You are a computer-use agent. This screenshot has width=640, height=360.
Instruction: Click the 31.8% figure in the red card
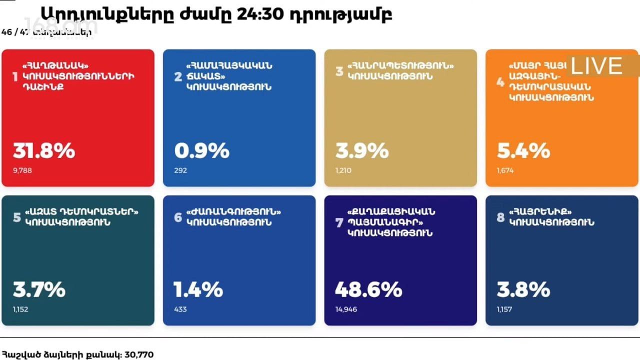(44, 150)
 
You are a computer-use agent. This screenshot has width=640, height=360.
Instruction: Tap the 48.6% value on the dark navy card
(368, 289)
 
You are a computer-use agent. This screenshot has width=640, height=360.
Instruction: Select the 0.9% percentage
(201, 150)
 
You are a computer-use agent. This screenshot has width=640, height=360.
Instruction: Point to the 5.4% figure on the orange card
(523, 150)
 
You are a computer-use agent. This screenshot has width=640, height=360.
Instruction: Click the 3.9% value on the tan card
(362, 150)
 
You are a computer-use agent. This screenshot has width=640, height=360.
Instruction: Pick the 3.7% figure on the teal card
(39, 289)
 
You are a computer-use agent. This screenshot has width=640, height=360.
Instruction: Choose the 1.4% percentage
(198, 289)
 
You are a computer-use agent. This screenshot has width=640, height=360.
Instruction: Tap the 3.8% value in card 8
(523, 289)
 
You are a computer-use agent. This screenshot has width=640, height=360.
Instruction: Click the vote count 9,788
(23, 170)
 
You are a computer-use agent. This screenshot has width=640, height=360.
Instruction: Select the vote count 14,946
(346, 309)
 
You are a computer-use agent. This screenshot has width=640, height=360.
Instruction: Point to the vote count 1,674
(505, 170)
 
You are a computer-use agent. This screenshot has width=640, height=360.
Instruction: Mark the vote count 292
(180, 170)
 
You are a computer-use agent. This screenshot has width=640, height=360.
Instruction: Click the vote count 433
(180, 309)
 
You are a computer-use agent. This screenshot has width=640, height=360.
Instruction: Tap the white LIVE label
(596, 66)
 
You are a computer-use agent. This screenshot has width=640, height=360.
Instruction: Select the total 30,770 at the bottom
(138, 355)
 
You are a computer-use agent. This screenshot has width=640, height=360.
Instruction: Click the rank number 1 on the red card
(15, 77)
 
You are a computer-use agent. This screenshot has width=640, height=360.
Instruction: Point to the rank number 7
(339, 222)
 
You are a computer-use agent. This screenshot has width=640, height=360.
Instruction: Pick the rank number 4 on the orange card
(500, 81)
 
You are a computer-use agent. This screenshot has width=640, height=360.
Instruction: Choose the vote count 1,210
(343, 170)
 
